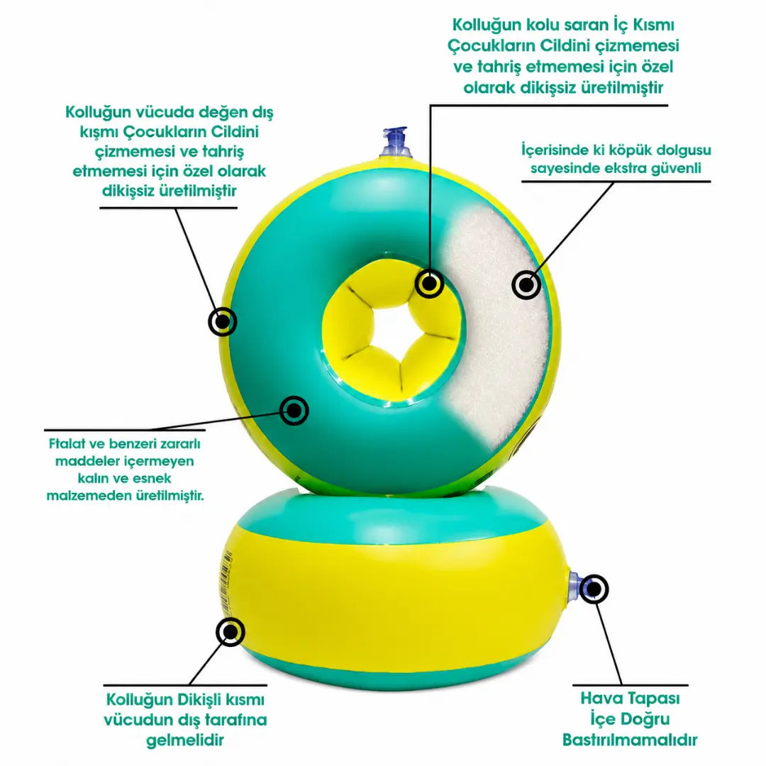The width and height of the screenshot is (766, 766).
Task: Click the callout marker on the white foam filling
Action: click(526, 285)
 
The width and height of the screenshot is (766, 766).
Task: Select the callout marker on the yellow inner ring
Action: click(429, 283)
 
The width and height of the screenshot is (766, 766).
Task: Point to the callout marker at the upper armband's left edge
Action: click(223, 321)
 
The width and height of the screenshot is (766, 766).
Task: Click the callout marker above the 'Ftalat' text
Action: click(294, 411)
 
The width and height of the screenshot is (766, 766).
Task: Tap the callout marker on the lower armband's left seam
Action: click(230, 632)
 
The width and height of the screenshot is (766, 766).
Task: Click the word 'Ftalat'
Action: click(67, 444)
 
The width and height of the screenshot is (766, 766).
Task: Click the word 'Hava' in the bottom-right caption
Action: click(599, 698)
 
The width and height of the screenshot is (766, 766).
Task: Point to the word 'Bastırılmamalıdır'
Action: click(630, 740)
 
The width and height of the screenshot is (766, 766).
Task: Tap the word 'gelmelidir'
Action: click(185, 740)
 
